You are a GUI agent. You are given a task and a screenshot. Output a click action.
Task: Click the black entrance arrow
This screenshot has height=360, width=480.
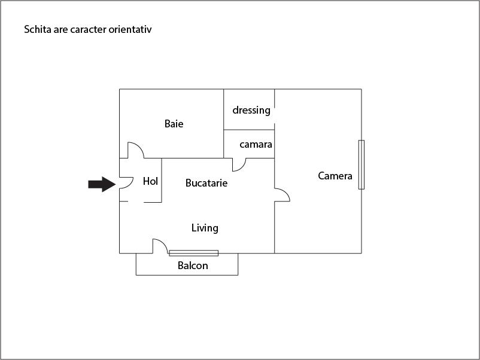click(x=102, y=184)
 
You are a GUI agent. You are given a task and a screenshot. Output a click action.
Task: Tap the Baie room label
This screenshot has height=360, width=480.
click(x=174, y=124)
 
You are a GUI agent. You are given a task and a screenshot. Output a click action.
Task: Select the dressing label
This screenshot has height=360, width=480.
click(x=251, y=110)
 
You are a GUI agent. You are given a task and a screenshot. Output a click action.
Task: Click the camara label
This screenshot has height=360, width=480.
click(x=256, y=144)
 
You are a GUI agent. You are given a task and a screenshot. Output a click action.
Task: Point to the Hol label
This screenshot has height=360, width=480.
click(x=150, y=181)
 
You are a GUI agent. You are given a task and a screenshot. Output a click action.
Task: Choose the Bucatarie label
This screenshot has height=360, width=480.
click(x=206, y=183)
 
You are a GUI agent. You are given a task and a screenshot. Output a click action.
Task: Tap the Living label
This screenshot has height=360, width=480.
click(x=205, y=228)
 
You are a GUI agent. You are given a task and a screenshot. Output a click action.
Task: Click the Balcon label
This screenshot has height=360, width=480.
click(x=193, y=266)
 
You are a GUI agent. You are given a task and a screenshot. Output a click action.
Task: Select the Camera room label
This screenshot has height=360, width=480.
click(x=335, y=176)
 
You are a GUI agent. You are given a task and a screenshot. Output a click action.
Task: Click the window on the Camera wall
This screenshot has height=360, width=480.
click(x=361, y=164)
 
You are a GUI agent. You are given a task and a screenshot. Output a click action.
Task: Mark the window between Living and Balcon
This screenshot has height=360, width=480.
click(x=194, y=253)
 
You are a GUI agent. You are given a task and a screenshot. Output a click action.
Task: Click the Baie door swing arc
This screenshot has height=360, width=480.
click(x=136, y=150)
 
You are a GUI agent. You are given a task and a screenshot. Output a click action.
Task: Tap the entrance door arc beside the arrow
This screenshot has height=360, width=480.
click(x=126, y=183)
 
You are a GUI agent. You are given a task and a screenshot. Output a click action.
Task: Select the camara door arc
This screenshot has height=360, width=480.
click(x=239, y=164)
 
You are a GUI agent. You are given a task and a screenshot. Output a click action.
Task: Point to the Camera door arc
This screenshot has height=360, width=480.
click(x=282, y=195)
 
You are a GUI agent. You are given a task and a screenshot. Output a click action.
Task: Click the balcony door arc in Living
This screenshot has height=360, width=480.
click(x=160, y=246)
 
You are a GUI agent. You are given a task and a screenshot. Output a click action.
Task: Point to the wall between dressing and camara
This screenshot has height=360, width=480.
click(x=249, y=130)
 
